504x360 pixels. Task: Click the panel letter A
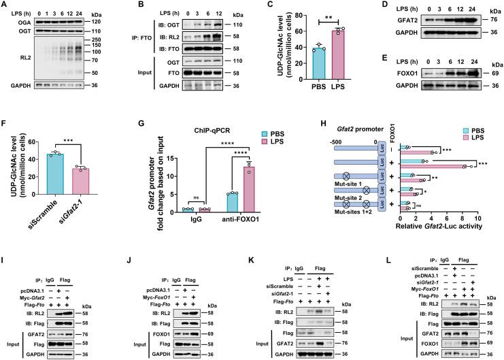5,5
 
